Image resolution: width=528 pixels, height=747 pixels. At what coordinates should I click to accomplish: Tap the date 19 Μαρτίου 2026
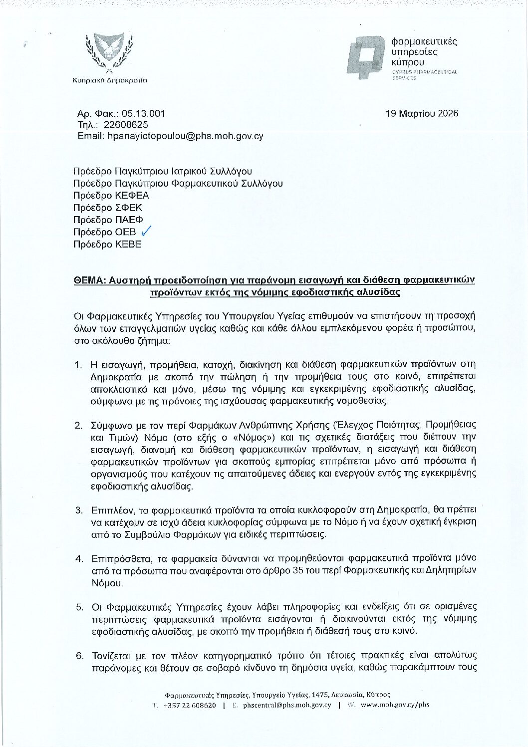coord(422,113)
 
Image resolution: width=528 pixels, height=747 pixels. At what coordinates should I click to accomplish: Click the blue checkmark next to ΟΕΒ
coord(146,232)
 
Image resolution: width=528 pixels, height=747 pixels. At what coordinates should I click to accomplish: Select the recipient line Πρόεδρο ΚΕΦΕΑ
coord(111,196)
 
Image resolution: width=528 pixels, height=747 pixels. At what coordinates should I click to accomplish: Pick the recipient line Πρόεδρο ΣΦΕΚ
coord(108,208)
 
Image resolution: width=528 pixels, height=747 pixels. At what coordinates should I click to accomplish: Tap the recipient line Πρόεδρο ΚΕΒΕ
coord(107,244)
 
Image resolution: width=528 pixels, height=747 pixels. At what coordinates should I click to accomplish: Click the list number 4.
coord(79,558)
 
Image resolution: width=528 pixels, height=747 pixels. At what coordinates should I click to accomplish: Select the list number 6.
coord(79,655)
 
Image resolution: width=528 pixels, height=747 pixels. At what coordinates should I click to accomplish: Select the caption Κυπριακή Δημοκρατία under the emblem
coord(110,80)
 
